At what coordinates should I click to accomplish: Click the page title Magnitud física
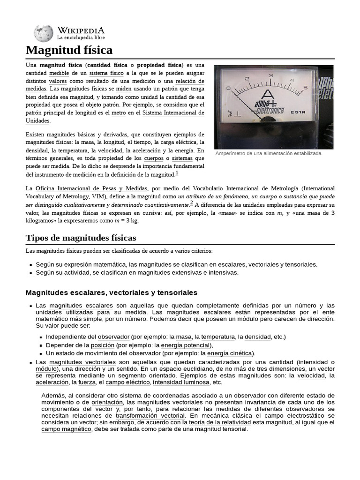point(69,50)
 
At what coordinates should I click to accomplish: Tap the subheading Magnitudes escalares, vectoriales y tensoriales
point(112,292)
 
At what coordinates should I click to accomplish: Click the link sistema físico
point(106,73)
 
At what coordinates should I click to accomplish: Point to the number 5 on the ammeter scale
point(305,87)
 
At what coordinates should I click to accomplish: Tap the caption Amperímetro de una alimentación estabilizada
point(269,154)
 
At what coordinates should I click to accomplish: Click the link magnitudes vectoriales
point(82,362)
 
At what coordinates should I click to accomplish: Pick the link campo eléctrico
point(128,382)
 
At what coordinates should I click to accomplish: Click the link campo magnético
point(66,429)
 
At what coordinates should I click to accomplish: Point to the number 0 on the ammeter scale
point(228,88)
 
